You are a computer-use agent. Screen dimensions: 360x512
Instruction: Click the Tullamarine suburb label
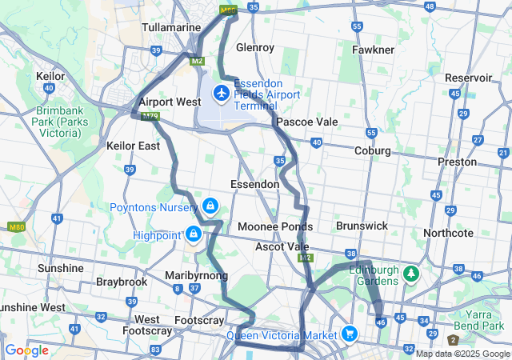coord(170,27)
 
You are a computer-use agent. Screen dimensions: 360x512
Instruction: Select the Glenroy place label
coord(255,47)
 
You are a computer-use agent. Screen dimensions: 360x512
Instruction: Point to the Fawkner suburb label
coord(373,50)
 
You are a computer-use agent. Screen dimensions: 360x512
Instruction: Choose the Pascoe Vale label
coord(306,122)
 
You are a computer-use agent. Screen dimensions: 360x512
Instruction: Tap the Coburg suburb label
coord(373,150)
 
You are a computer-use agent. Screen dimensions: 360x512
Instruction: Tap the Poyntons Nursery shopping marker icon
coord(210,206)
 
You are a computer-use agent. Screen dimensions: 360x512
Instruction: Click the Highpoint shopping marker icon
coord(193,234)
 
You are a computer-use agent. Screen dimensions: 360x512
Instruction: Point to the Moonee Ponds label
coord(274,227)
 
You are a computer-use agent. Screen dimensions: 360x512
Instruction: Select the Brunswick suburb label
coord(362,226)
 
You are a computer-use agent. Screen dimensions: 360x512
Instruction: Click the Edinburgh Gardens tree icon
coord(412,274)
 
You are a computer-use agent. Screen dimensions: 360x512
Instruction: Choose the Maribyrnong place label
coord(196,276)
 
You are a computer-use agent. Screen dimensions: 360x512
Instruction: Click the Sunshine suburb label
coord(60,267)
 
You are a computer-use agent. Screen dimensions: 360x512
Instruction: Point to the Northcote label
coord(449,233)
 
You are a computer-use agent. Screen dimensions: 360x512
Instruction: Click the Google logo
coord(26,350)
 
